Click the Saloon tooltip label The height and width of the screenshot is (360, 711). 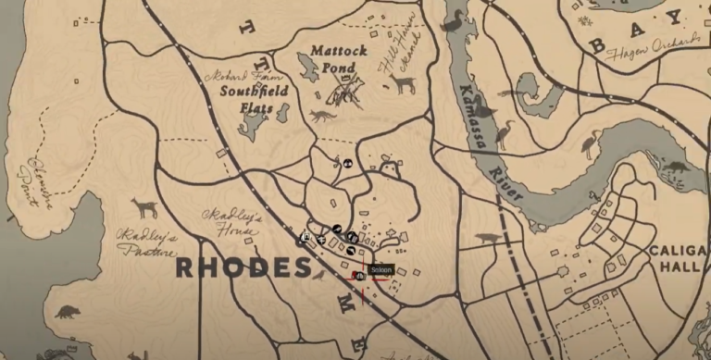pos(381,270)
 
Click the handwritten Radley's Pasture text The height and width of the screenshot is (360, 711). pos(146,242)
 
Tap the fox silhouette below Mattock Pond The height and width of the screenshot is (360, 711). pos(322,118)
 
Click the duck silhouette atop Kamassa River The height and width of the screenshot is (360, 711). pos(454,20)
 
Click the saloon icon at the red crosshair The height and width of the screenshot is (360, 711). pos(359,276)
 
